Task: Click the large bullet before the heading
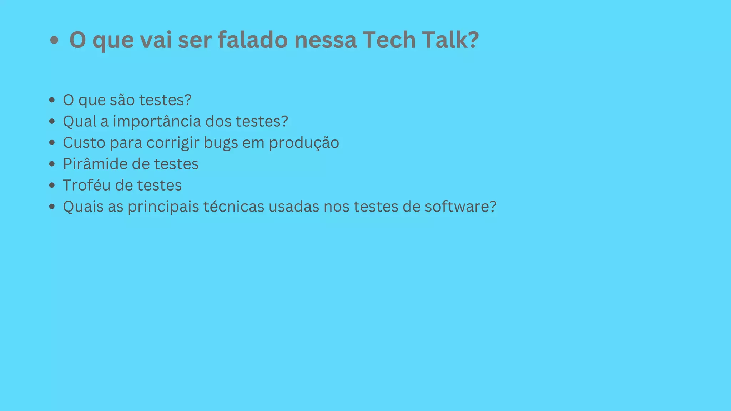54,40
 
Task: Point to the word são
122,100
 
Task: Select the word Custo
84,143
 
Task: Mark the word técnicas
233,207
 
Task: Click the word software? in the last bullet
460,207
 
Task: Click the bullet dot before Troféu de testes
52,186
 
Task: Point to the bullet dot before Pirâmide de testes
52,164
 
